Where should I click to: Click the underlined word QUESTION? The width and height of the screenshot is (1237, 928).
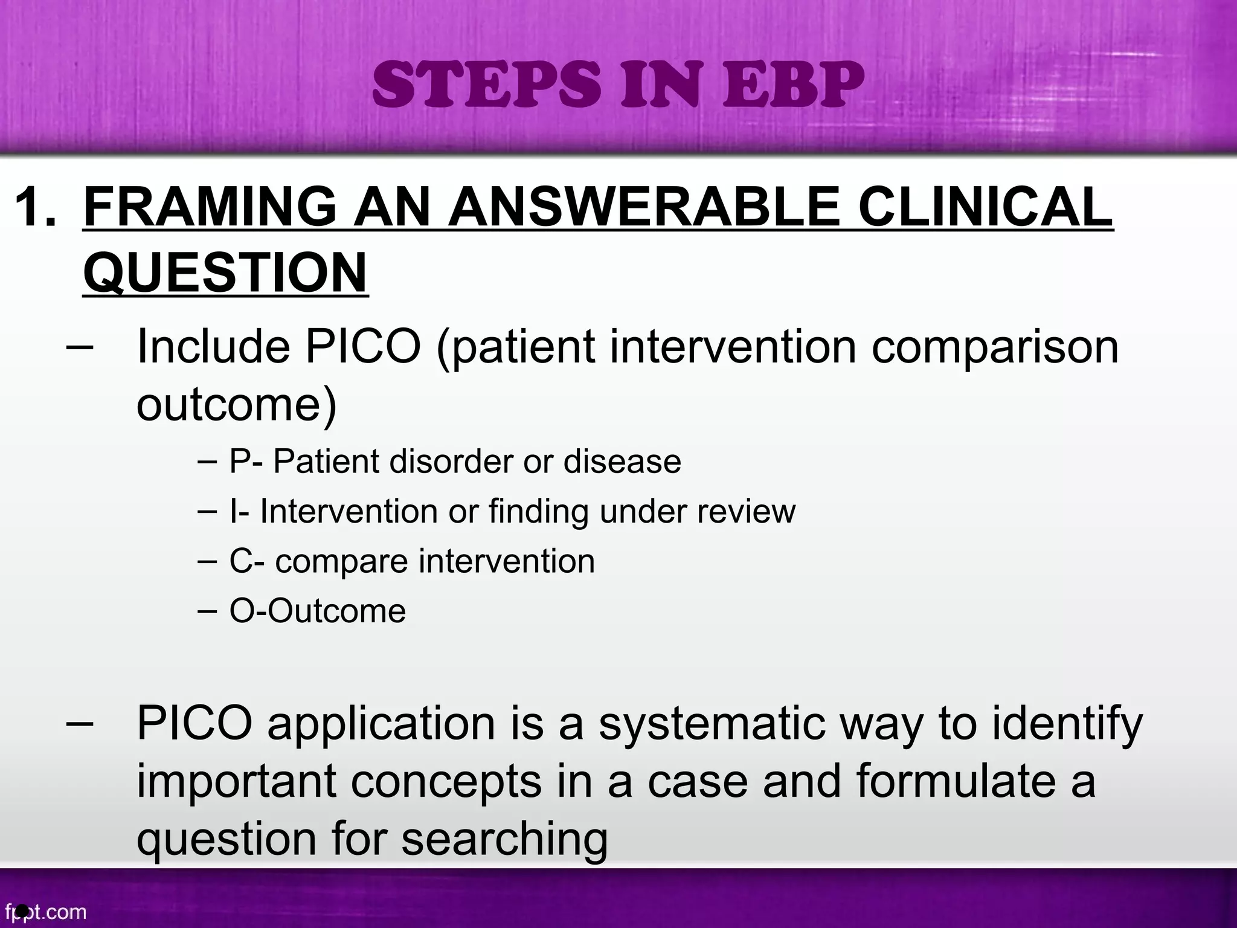[225, 272]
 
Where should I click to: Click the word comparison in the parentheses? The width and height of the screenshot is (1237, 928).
[994, 347]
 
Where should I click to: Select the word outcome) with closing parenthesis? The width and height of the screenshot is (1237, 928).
[236, 404]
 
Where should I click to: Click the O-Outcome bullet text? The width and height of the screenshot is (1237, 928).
[317, 611]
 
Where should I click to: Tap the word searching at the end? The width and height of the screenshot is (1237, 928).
[504, 839]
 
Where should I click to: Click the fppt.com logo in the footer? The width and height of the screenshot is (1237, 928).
[45, 911]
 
